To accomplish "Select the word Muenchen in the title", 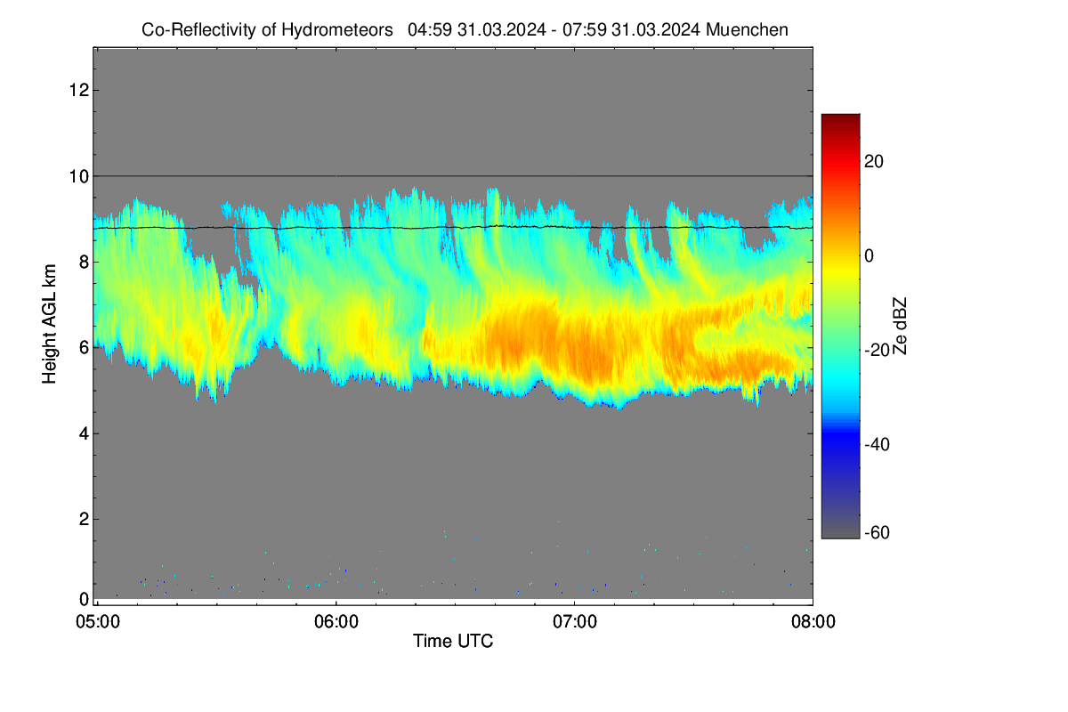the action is [747, 29].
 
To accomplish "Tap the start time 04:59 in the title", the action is [430, 29].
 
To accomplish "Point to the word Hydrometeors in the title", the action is [337, 30].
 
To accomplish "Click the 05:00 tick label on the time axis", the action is [98, 622].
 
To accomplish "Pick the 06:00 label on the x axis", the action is [336, 622].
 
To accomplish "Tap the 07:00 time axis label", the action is [575, 622].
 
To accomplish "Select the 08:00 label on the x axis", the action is [813, 622].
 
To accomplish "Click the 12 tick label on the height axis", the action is [79, 90].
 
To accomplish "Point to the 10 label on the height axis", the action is [79, 176].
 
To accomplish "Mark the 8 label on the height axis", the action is [84, 262].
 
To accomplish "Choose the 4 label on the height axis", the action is [84, 433].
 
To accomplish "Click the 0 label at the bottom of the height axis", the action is [84, 599].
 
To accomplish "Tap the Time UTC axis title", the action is [453, 641].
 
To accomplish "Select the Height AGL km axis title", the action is [49, 324].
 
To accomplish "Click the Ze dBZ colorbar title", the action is [900, 327].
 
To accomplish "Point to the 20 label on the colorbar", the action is [874, 162].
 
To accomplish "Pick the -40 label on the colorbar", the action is [878, 444].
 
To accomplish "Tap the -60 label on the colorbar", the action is [878, 533].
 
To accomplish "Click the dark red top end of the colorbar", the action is [840, 117].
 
